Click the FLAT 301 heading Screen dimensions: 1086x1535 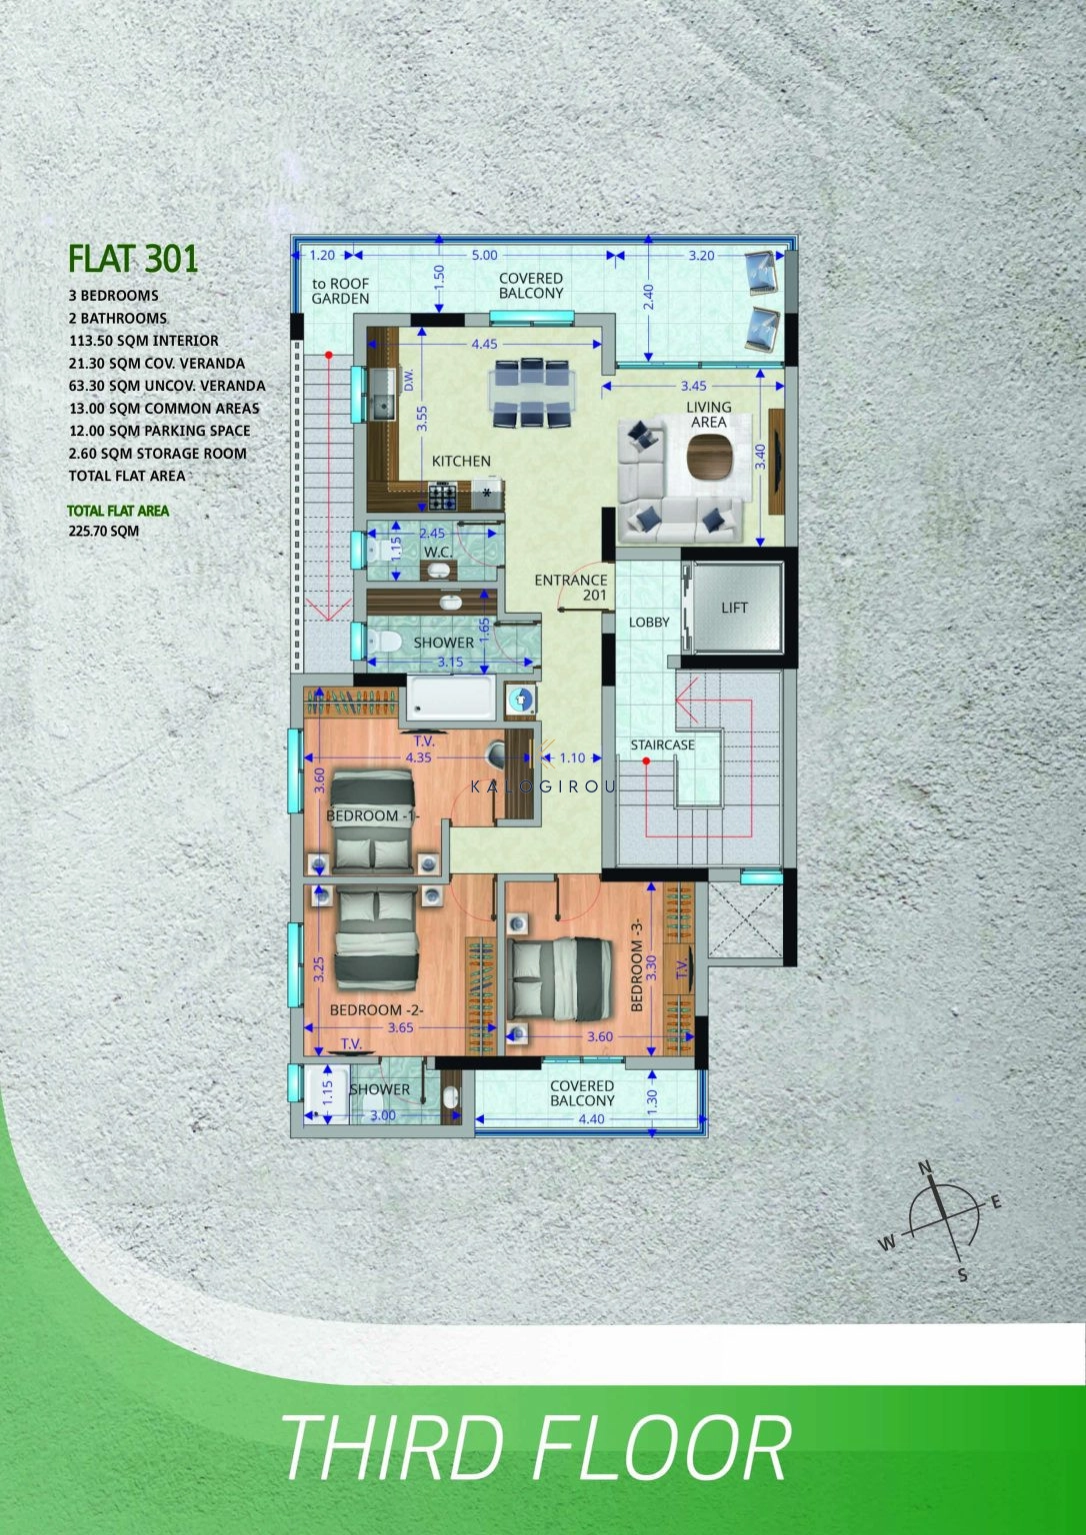[133, 259]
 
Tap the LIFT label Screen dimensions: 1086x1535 [734, 608]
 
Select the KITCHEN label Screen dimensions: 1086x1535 [461, 461]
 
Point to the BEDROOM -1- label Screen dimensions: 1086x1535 [372, 816]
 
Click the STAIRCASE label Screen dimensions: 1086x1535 [662, 745]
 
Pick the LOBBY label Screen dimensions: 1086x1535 [649, 623]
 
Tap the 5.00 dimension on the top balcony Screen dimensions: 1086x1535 [484, 255]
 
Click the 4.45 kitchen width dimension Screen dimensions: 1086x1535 [484, 344]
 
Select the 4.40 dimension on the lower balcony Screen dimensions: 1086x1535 [591, 1119]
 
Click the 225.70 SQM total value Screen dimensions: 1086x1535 [104, 531]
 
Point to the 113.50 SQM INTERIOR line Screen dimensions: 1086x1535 [144, 341]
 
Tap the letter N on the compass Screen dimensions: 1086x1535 [925, 1167]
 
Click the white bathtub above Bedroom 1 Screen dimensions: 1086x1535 [450, 697]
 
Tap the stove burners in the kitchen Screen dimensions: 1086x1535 [443, 496]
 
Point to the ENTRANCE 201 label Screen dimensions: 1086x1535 [571, 588]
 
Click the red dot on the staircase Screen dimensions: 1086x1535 [646, 761]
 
